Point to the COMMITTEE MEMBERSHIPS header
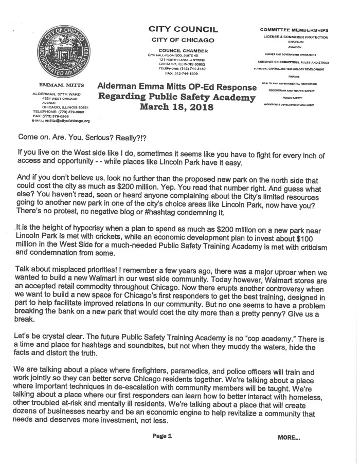[294, 30]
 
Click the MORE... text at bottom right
[289, 438]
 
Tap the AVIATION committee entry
[295, 47]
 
